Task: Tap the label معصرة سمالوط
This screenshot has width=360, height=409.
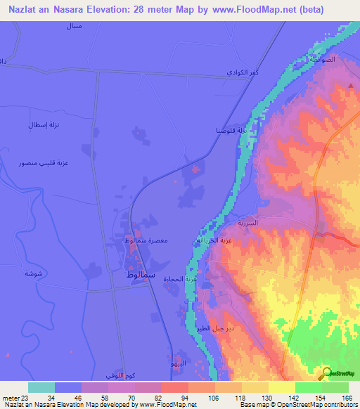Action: coord(146,241)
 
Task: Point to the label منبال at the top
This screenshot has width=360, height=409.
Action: coord(72,27)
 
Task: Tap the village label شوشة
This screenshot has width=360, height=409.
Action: coord(33,273)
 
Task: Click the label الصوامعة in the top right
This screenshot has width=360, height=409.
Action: coord(328,60)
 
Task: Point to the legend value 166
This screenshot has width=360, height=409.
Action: coord(345,398)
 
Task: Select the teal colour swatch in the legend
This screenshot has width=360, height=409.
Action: coord(41,387)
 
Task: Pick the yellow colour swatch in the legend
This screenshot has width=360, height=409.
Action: coord(281,387)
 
